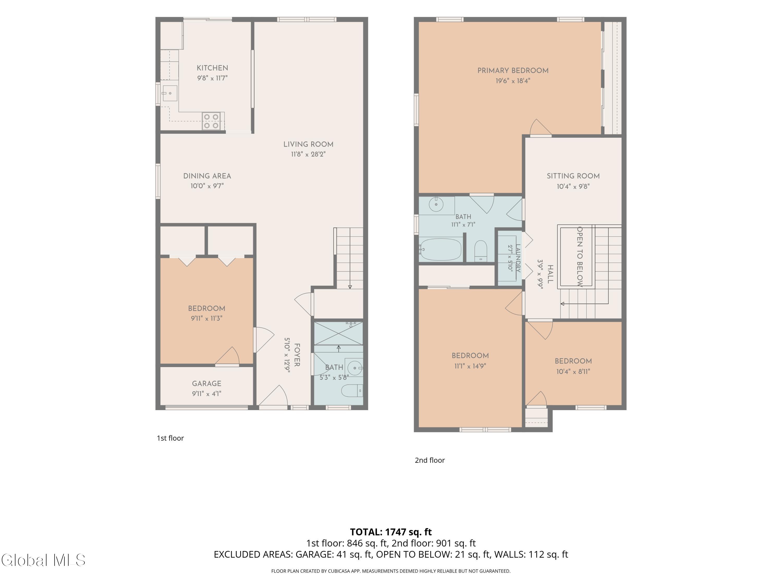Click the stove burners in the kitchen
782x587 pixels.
(x=211, y=121)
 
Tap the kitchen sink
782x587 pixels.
(x=170, y=93)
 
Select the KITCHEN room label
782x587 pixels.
(x=212, y=68)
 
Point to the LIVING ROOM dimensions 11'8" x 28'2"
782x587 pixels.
(x=308, y=154)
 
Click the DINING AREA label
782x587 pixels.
(x=207, y=176)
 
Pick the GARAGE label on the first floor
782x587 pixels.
(x=207, y=384)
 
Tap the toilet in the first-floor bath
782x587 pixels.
(x=352, y=391)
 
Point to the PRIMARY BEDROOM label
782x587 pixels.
(x=513, y=71)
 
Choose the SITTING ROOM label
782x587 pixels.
(x=573, y=176)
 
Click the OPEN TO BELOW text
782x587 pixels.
(x=580, y=256)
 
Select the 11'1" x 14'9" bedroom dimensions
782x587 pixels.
(x=470, y=366)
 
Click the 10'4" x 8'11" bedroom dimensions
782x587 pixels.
(x=573, y=372)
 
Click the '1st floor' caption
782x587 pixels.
(x=170, y=438)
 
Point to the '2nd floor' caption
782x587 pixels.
(x=430, y=460)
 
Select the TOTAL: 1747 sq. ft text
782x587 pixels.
(x=391, y=532)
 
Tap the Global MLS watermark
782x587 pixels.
(x=44, y=560)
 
